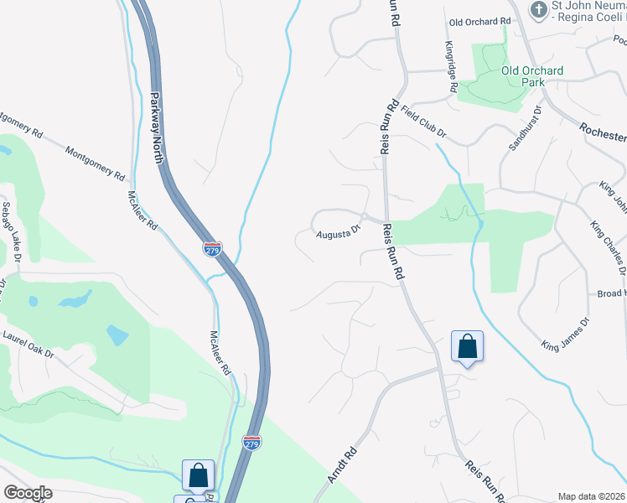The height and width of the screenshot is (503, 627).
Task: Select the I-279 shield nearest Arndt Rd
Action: (251, 442)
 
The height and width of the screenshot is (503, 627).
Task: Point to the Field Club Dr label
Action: (423, 122)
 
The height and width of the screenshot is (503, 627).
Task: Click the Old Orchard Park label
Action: (532, 76)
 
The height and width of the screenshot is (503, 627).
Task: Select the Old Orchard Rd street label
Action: (479, 21)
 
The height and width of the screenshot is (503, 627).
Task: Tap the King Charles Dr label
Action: (608, 247)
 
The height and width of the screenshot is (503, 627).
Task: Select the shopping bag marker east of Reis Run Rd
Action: (467, 346)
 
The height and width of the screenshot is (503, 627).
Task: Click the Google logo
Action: (28, 492)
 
